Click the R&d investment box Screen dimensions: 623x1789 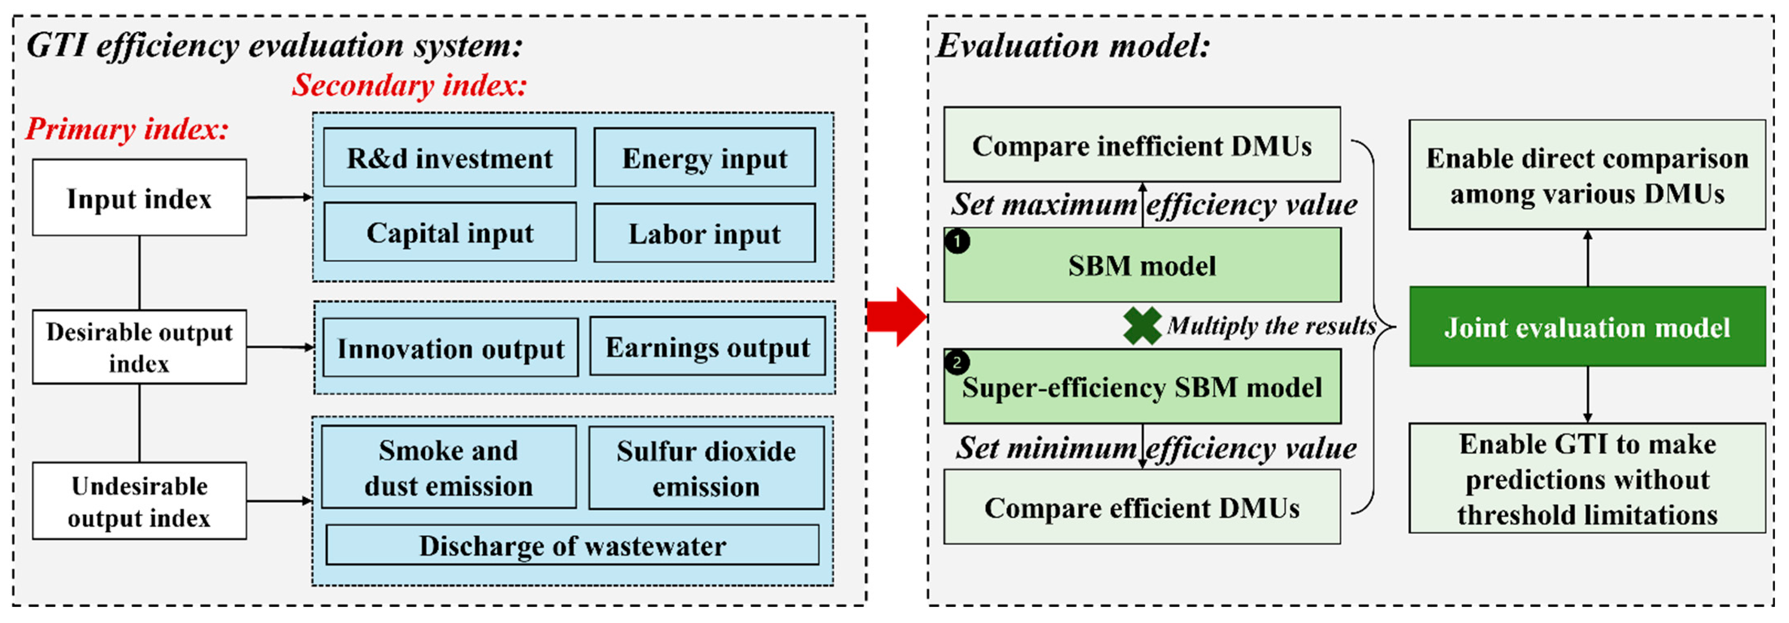pyautogui.click(x=449, y=158)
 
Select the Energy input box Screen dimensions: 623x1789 pyautogui.click(x=704, y=158)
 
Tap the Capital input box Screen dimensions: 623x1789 pyautogui.click(x=450, y=233)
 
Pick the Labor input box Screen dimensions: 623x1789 pyautogui.click(x=704, y=233)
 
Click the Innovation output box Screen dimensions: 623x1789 pyautogui.click(x=450, y=348)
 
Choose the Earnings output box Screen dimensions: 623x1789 pyautogui.click(x=708, y=347)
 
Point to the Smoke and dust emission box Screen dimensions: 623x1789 pyautogui.click(x=448, y=467)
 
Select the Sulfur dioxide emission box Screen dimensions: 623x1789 pyautogui.click(x=706, y=468)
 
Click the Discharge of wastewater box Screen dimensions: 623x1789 pyautogui.click(x=572, y=545)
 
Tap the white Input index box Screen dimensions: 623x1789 pyautogui.click(x=139, y=198)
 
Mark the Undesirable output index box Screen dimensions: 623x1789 pyautogui.click(x=139, y=501)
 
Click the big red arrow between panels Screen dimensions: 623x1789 pyautogui.click(x=897, y=317)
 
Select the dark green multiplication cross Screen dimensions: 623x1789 pyautogui.click(x=1142, y=325)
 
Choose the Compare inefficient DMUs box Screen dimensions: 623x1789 pyautogui.click(x=1142, y=145)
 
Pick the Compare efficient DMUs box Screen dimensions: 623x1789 pyautogui.click(x=1142, y=507)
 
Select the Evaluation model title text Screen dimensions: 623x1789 pyautogui.click(x=1073, y=46)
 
